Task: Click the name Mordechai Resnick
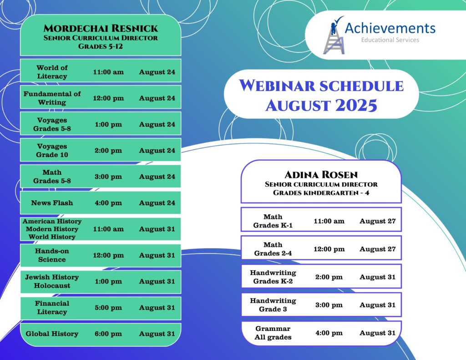click(101, 28)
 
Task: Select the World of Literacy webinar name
click(52, 72)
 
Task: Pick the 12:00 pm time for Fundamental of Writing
click(108, 98)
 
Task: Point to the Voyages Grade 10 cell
click(52, 151)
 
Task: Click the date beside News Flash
click(157, 203)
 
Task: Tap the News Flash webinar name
click(52, 203)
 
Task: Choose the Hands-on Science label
click(52, 255)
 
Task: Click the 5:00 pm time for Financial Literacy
click(108, 308)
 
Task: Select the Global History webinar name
click(52, 334)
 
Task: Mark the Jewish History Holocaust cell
click(52, 281)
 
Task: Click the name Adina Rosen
click(321, 175)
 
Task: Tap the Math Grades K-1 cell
click(273, 221)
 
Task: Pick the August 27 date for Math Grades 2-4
click(377, 249)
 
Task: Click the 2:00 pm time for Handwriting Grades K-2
click(329, 277)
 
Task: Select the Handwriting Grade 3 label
click(273, 305)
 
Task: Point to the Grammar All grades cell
click(273, 333)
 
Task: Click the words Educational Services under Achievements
click(390, 40)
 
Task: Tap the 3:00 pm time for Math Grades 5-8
click(108, 177)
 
